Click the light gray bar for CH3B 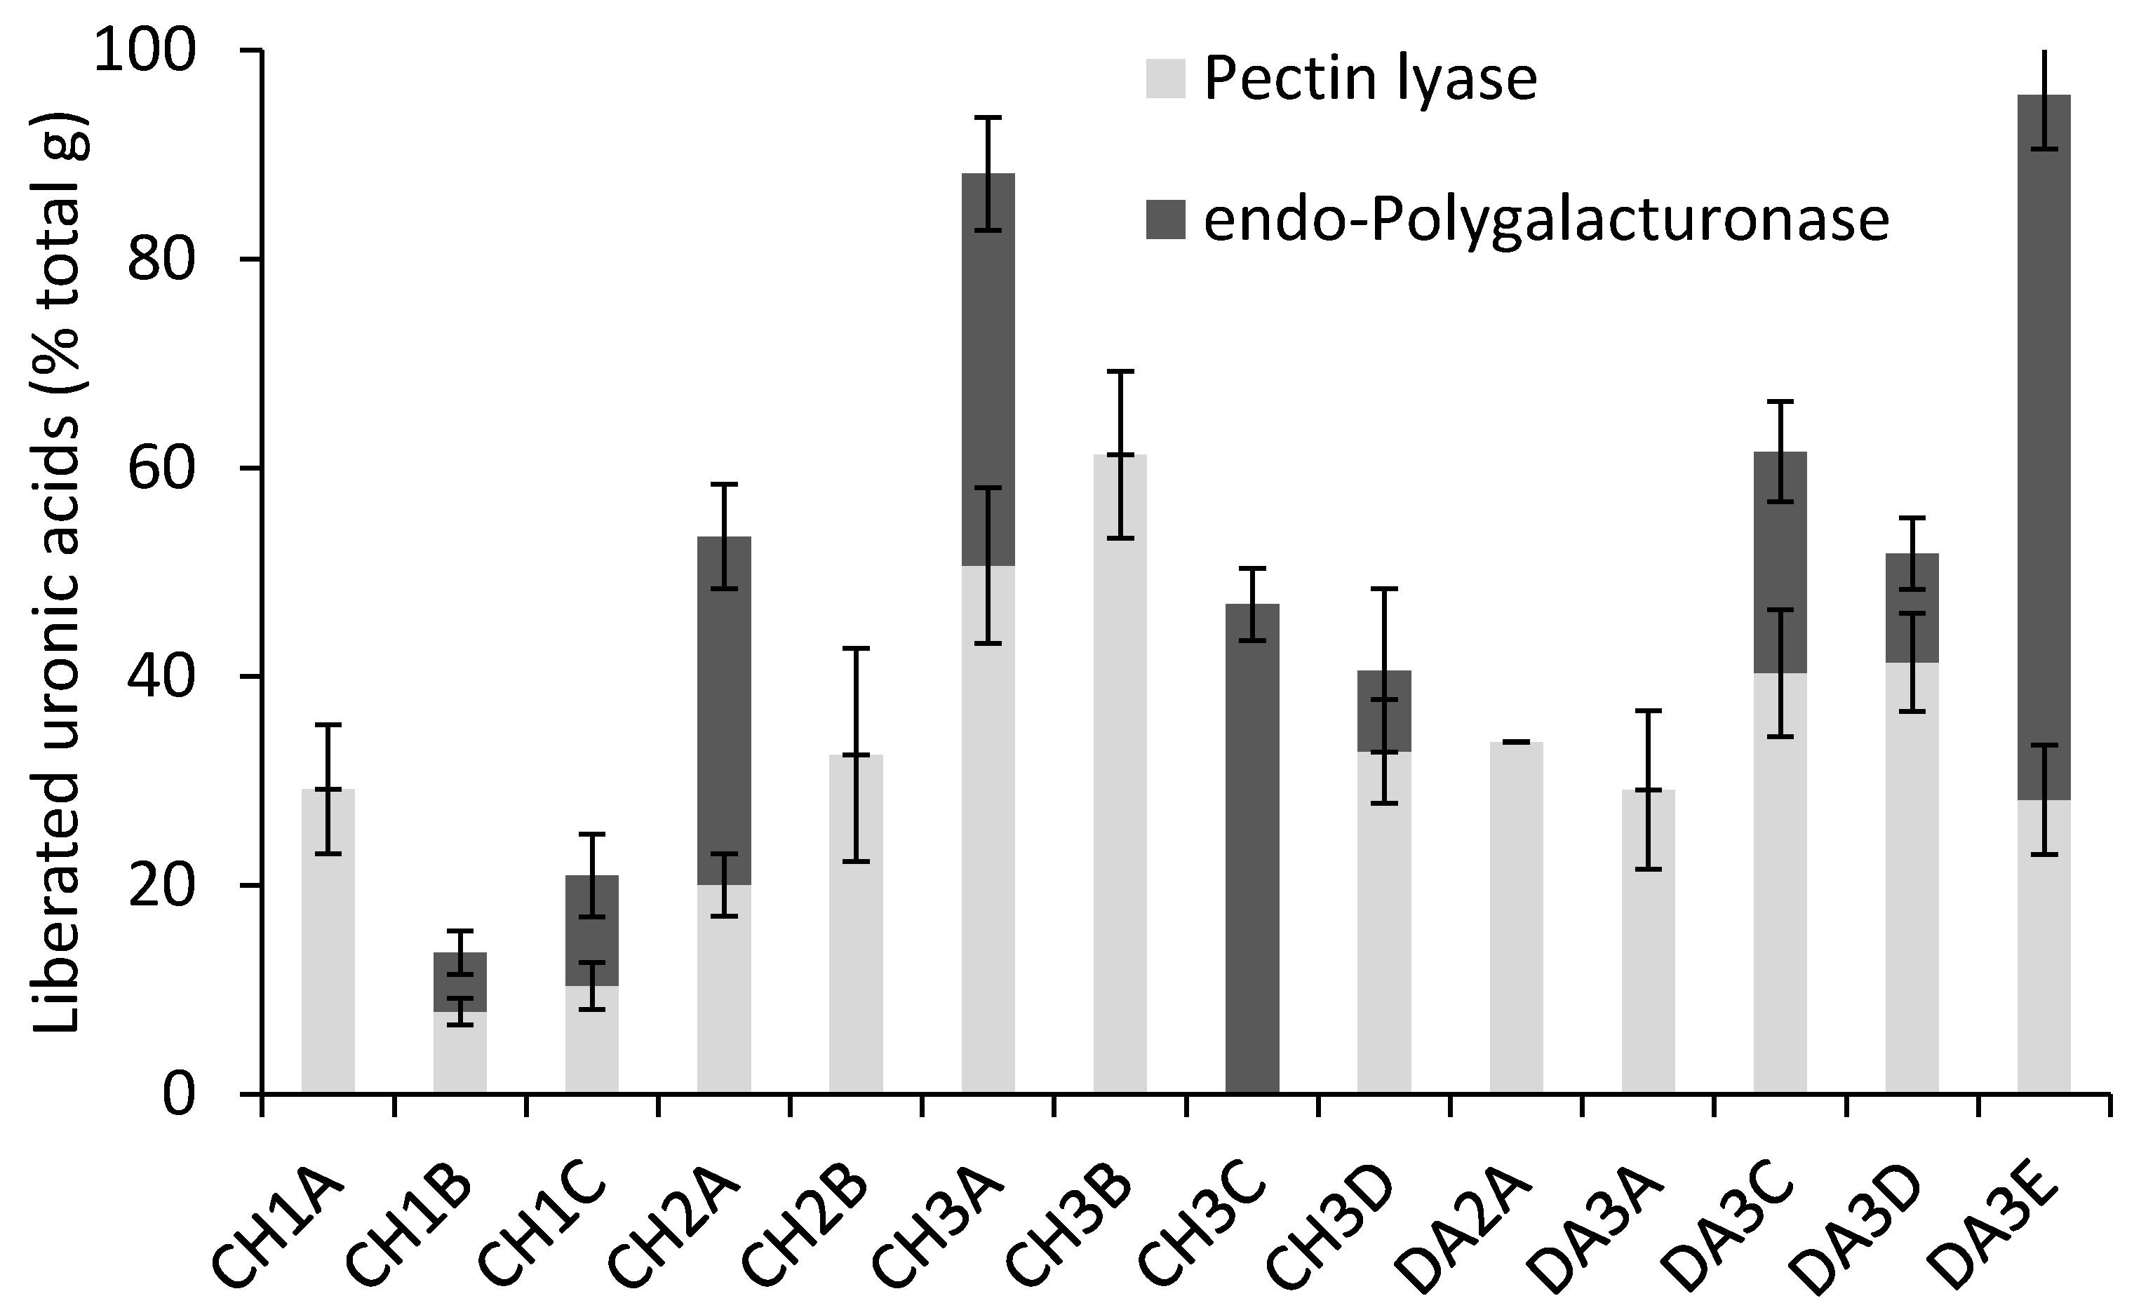pos(1120,780)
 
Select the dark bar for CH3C pos(1252,849)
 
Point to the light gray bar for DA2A pos(1516,919)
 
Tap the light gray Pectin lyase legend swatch pos(1165,79)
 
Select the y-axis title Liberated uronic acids pos(59,572)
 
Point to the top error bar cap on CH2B pos(856,648)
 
